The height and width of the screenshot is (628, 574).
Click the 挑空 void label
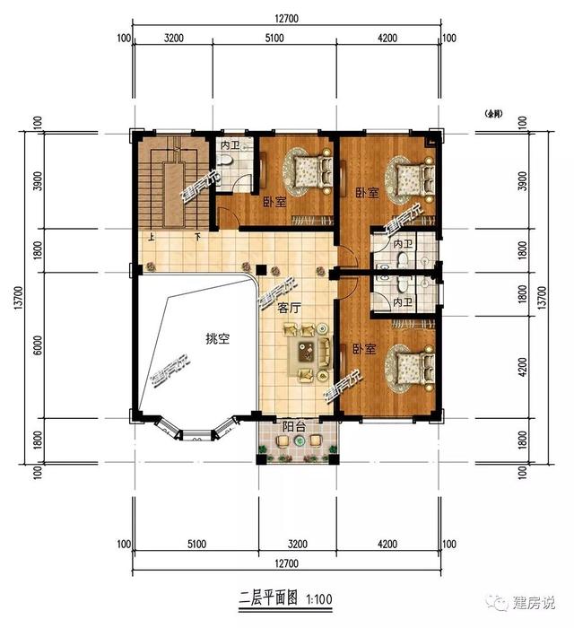tap(217, 339)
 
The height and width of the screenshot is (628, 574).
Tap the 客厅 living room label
tap(289, 307)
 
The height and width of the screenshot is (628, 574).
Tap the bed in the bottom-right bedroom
tap(403, 367)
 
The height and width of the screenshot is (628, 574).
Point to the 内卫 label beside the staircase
tap(229, 144)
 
